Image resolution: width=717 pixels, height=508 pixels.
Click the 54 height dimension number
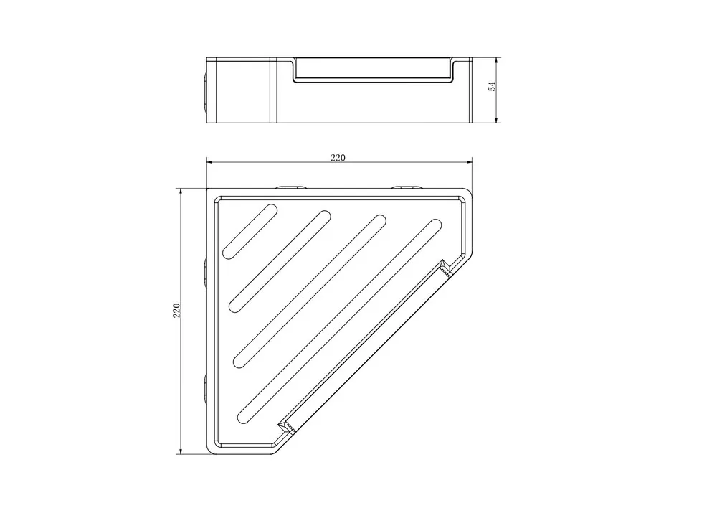pyautogui.click(x=492, y=86)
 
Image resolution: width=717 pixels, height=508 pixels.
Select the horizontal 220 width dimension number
pyautogui.click(x=338, y=158)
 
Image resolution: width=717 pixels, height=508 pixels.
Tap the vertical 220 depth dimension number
pyautogui.click(x=176, y=311)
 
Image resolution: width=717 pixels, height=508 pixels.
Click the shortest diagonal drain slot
pyautogui.click(x=250, y=232)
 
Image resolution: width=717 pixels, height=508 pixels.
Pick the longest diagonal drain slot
pyautogui.click(x=339, y=321)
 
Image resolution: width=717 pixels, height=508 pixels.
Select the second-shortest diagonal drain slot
pyautogui.click(x=280, y=261)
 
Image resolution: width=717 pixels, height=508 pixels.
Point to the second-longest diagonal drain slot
pyautogui.click(x=310, y=291)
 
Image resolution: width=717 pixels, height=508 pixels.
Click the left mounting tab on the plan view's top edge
pyautogui.click(x=290, y=187)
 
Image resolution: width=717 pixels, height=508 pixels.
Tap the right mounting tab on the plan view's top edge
pyautogui.click(x=406, y=187)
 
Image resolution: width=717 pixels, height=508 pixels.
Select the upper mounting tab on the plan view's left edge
pyautogui.click(x=205, y=273)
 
